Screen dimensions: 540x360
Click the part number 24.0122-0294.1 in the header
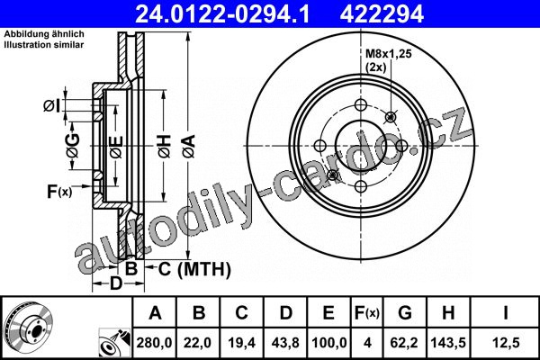pos(223,14)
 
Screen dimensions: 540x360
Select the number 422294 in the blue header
pos(382,14)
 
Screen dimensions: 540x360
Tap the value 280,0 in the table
pos(154,343)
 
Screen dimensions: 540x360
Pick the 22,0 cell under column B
pos(198,343)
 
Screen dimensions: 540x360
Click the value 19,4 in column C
pos(241,343)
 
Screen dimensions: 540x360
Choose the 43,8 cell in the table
pos(285,343)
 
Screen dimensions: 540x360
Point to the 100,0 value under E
pos(328,343)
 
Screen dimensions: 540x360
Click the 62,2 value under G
pos(405,343)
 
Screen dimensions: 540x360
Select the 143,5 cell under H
pos(448,343)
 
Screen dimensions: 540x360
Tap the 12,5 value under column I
pos(505,343)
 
